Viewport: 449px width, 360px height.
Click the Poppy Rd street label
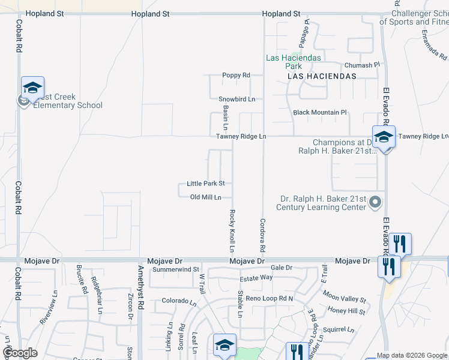236,76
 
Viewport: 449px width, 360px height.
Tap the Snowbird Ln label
237,99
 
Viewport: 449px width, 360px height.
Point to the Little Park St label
205,184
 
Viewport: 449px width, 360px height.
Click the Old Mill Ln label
206,197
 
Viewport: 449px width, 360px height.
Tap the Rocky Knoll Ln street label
232,230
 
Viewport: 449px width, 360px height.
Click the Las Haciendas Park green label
294,62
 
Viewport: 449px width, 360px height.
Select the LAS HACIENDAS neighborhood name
322,76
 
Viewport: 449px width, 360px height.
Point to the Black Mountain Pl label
320,112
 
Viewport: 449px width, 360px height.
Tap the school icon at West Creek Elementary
33,88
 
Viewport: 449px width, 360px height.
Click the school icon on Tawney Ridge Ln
384,137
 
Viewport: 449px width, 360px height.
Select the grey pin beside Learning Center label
376,202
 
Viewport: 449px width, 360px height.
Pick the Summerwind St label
175,270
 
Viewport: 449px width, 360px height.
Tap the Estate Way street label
256,278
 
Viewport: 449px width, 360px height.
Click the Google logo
20,353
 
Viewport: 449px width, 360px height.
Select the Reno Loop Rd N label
270,298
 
